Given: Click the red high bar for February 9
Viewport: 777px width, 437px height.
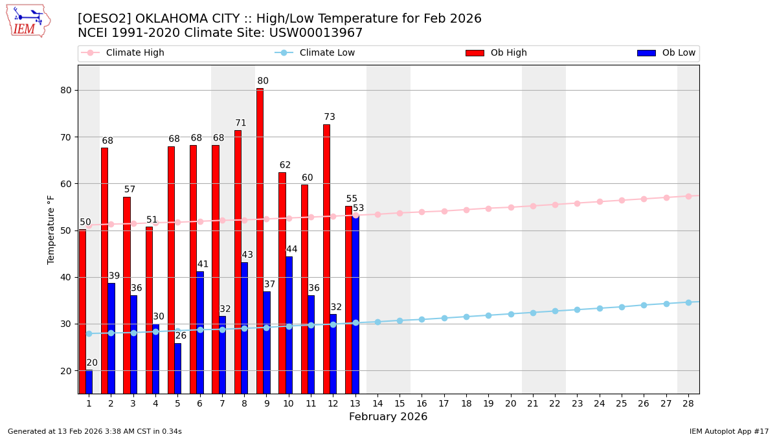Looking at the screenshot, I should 260,241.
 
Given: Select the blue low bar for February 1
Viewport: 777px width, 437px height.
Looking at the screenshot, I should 89,381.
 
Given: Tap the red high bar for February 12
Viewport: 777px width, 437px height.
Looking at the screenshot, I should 326,259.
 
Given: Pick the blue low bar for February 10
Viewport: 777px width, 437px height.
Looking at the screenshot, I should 289,324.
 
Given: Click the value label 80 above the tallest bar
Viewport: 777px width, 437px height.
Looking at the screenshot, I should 263,81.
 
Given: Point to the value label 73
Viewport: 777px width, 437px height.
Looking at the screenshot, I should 330,117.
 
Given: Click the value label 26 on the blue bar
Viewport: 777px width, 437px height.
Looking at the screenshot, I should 181,335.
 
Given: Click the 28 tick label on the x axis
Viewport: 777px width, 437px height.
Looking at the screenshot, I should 688,403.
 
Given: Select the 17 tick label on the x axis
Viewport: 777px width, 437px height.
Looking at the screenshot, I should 444,403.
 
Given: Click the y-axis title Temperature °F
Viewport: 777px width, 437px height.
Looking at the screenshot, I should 51,229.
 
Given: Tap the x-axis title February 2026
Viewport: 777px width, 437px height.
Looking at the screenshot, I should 388,417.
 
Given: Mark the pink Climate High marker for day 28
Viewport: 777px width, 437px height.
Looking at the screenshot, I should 688,196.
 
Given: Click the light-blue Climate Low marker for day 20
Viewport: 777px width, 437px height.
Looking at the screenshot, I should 511,314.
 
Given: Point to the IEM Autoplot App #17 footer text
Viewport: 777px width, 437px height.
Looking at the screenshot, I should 728,431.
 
